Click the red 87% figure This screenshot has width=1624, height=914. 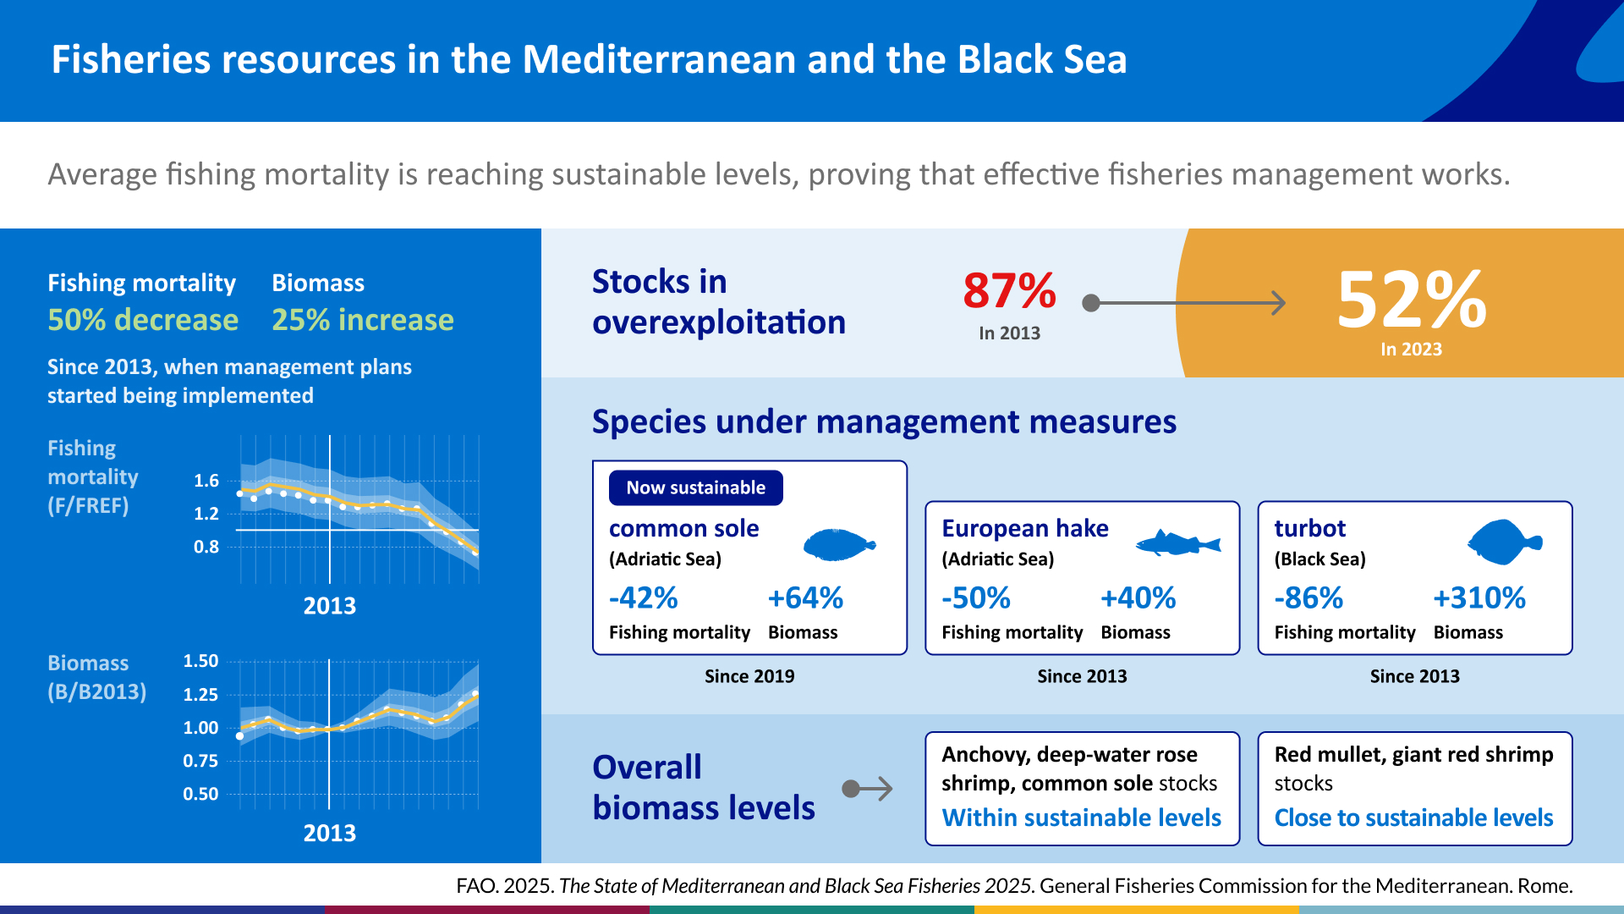pos(1009,290)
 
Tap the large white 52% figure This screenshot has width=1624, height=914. pos(1412,300)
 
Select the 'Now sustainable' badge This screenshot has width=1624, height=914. pos(695,487)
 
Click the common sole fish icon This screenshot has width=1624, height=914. pos(839,545)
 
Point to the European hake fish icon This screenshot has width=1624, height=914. pos(1178,542)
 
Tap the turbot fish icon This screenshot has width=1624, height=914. pos(1505,542)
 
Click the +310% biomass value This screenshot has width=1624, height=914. pos(1479,598)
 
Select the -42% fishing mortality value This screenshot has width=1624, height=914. pos(643,598)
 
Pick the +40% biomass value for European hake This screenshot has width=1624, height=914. pos(1138,598)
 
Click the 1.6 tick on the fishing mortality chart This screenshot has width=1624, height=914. pos(206,481)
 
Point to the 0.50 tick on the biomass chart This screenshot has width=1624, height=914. pos(200,794)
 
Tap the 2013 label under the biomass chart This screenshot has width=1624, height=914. pos(330,834)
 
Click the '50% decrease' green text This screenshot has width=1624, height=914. pos(143,320)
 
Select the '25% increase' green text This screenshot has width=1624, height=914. pos(363,320)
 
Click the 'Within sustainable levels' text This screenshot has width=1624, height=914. pos(1082,818)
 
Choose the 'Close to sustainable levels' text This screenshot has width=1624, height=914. pos(1414,818)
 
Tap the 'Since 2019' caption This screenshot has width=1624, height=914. pos(749,676)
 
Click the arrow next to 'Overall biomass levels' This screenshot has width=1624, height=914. pos(868,789)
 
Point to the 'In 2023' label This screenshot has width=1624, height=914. pos(1411,350)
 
